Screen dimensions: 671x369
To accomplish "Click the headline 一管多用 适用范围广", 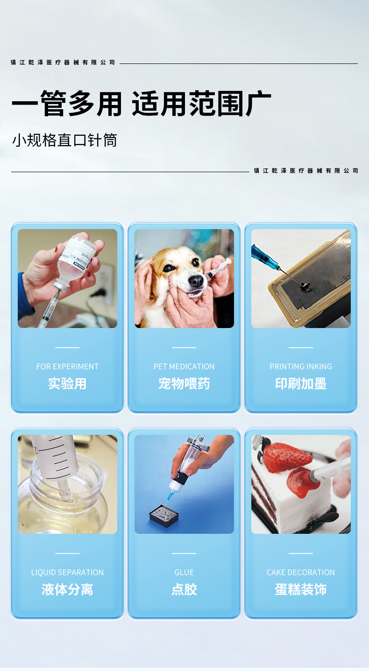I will [141, 104].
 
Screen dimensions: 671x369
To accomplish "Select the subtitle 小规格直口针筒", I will [64, 140].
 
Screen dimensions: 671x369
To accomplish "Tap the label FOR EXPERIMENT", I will [67, 366].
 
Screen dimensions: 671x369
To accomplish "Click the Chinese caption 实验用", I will [67, 384].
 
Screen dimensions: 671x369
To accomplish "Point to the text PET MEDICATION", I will [184, 366].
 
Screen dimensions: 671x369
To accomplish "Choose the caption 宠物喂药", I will [184, 384].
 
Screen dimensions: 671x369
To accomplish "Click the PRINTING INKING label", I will [301, 366].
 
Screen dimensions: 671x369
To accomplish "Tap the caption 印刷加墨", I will [301, 384].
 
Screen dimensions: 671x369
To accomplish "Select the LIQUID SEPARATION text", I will [67, 572].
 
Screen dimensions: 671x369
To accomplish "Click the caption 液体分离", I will [67, 589].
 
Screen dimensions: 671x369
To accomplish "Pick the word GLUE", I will [184, 572].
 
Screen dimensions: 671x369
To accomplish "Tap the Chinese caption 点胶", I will [184, 589].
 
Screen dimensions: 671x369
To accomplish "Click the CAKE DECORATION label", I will [301, 572].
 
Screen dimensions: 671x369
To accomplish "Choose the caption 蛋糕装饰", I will [301, 589].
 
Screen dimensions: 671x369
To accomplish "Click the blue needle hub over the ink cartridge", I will [263, 255].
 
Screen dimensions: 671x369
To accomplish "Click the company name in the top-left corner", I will [63, 63].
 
